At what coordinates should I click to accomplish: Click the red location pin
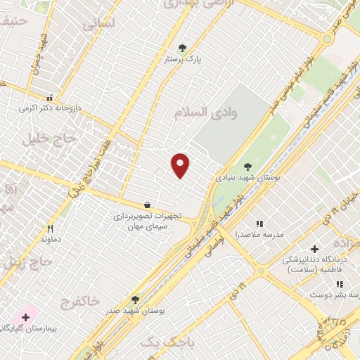coord(181,165)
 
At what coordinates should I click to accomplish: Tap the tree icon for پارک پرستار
coord(183,48)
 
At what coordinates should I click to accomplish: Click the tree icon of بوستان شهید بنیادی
coord(247,167)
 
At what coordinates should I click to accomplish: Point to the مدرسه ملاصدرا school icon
coord(259,224)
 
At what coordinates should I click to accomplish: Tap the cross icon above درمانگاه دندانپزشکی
coord(314,248)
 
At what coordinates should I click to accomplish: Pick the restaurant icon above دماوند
coord(50,228)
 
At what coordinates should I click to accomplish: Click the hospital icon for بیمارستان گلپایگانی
coord(26,317)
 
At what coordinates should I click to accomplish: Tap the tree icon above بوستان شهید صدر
coord(135,300)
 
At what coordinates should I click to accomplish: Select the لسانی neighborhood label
coord(98,23)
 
